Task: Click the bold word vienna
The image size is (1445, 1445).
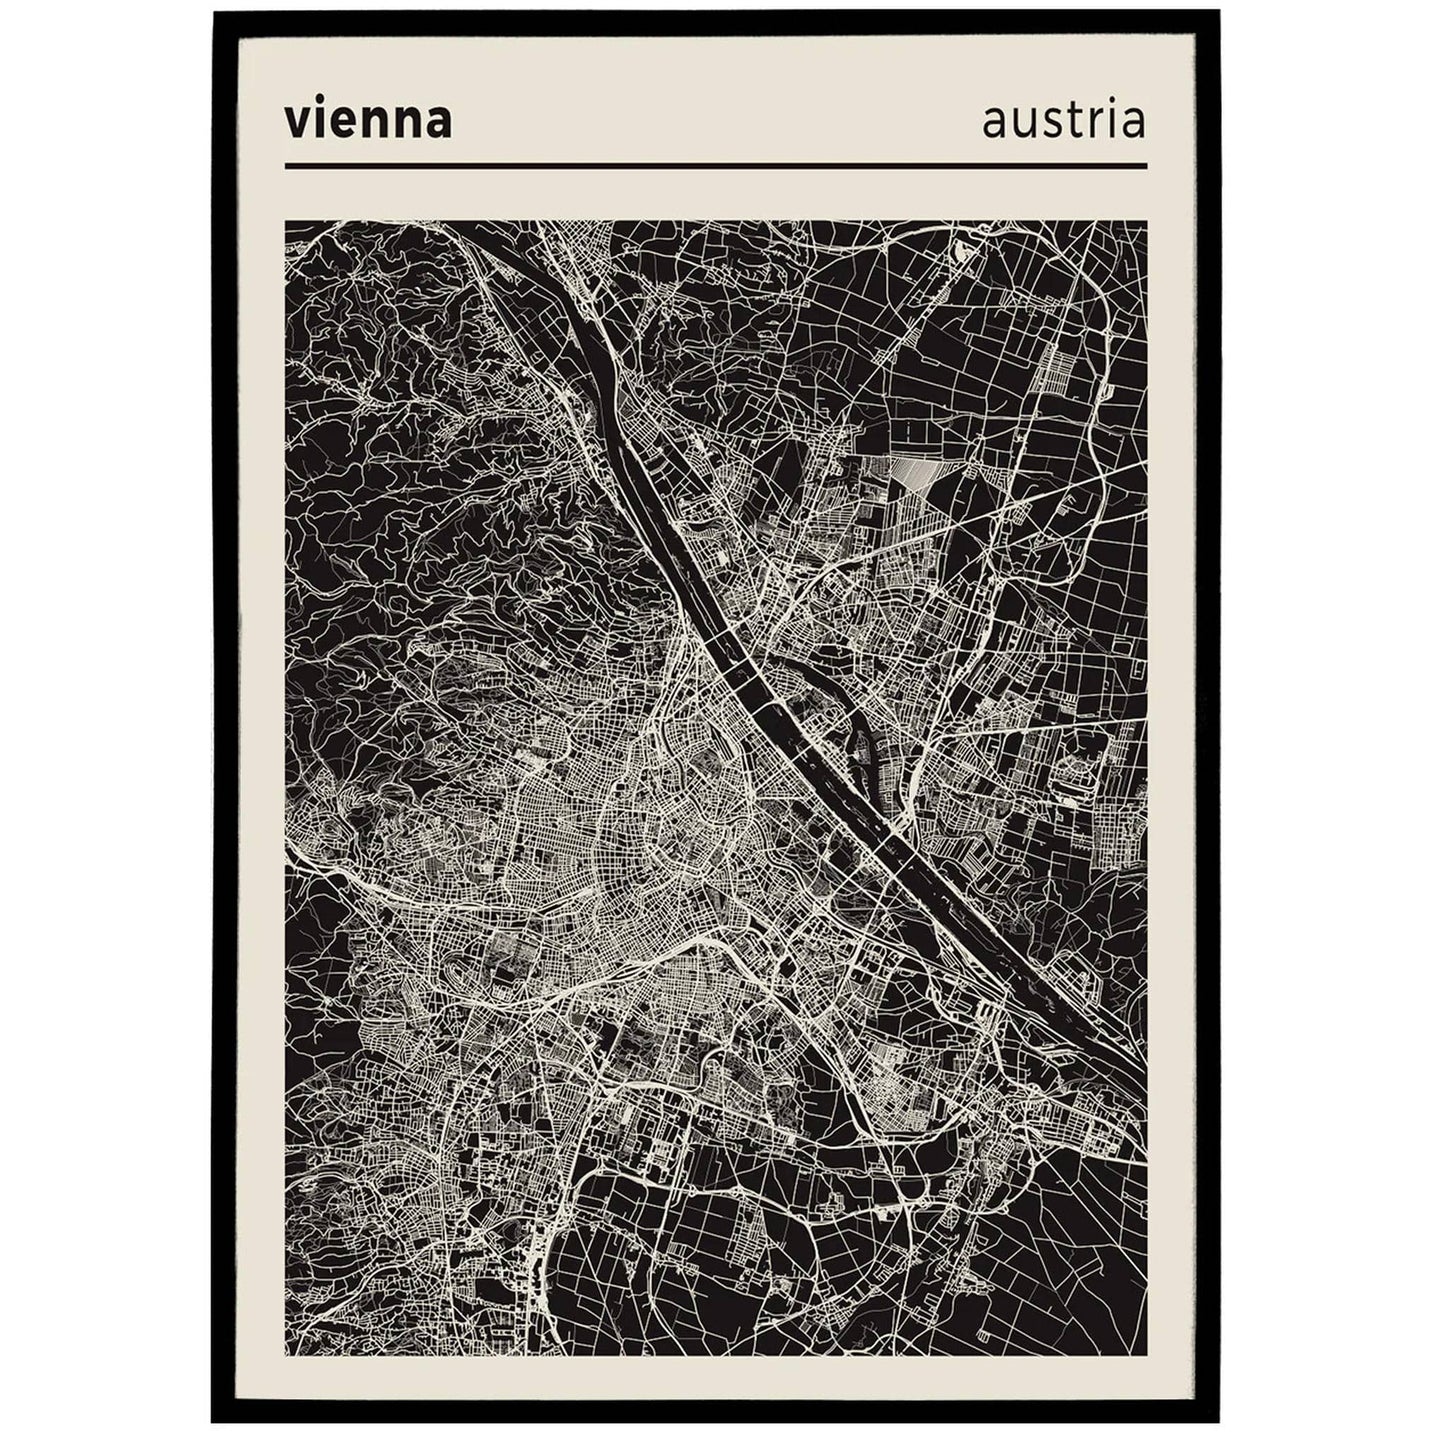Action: pyautogui.click(x=368, y=122)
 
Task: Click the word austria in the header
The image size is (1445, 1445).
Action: pyautogui.click(x=1064, y=122)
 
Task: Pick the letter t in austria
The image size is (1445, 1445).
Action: pyautogui.click(x=1074, y=122)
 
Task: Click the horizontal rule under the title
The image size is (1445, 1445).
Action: pyautogui.click(x=715, y=166)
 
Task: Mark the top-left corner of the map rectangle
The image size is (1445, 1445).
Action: pyautogui.click(x=286, y=222)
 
